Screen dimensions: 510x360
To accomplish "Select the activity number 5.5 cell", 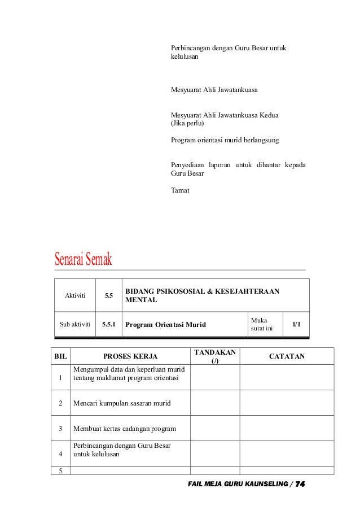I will click(108, 295).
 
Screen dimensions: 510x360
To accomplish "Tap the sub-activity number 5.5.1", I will click(108, 325).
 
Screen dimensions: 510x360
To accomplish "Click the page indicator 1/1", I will click(296, 324).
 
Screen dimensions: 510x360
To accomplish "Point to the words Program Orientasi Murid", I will click(165, 325).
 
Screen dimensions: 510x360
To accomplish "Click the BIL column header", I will click(60, 356).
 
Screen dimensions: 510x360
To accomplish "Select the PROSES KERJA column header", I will click(130, 356).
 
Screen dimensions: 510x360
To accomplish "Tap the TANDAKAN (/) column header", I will click(215, 356).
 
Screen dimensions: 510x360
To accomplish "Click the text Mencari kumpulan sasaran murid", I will click(122, 403).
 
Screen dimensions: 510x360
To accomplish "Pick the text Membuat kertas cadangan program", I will click(125, 428).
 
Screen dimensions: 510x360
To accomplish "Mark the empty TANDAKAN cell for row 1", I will click(215, 378).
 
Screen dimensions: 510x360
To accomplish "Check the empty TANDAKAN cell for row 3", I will click(215, 428).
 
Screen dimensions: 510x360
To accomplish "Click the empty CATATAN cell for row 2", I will click(287, 403).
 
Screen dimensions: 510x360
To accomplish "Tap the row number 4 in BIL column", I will click(61, 453).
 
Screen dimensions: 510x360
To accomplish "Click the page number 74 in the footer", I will click(300, 485).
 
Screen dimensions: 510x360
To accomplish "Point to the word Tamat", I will click(181, 190).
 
